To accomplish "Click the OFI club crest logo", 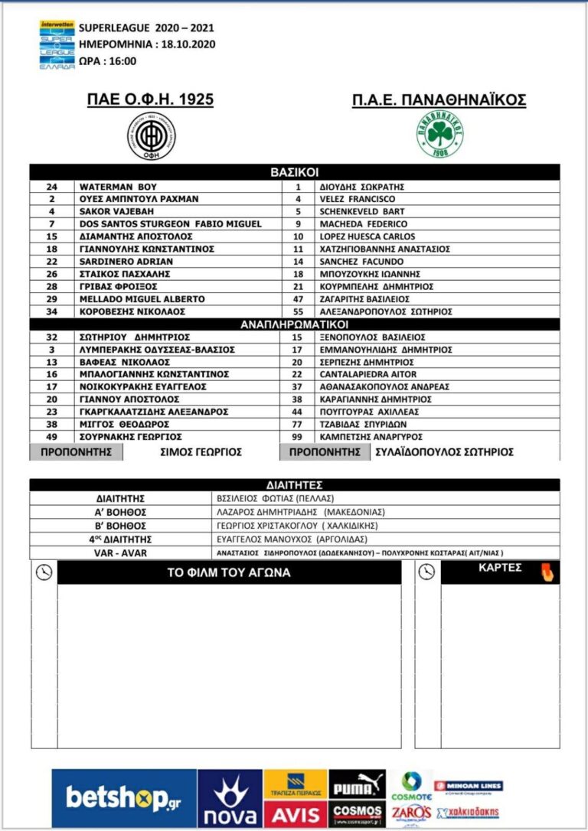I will (151, 137).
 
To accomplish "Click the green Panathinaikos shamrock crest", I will (440, 136).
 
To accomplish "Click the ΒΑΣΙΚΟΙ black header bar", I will (295, 173).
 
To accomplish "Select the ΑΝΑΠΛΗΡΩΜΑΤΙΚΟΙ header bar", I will (295, 324).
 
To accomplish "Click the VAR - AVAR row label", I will (121, 552).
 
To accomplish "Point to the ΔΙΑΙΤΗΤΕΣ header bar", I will (295, 485).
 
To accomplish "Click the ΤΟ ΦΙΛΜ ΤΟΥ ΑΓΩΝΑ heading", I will (228, 573).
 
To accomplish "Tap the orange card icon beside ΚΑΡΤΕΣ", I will (547, 572).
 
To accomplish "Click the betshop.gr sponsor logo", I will (124, 799).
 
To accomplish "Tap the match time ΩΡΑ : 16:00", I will (107, 61).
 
